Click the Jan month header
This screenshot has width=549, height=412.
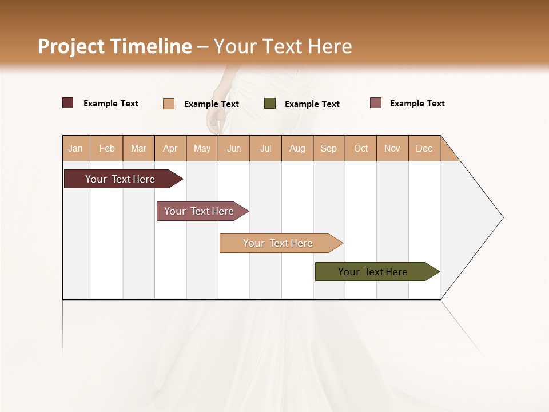coord(75,148)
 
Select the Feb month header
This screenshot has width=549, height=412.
coord(107,148)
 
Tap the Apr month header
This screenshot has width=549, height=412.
coord(170,148)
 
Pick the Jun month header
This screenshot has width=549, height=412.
coord(234,148)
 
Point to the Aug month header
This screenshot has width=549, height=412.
coord(297,148)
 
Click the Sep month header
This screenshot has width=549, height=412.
coord(329,148)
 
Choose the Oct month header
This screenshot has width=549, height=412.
coord(361,148)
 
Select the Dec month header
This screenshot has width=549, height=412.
coord(424,148)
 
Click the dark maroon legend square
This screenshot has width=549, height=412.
coord(68,103)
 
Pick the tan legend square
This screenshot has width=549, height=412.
coord(169,104)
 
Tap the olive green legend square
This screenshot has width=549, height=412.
coord(270,104)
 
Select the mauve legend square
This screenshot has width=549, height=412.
coord(376,103)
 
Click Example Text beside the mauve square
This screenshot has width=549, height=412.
coord(417,104)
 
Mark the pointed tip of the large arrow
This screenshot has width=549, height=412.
coord(502,217)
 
